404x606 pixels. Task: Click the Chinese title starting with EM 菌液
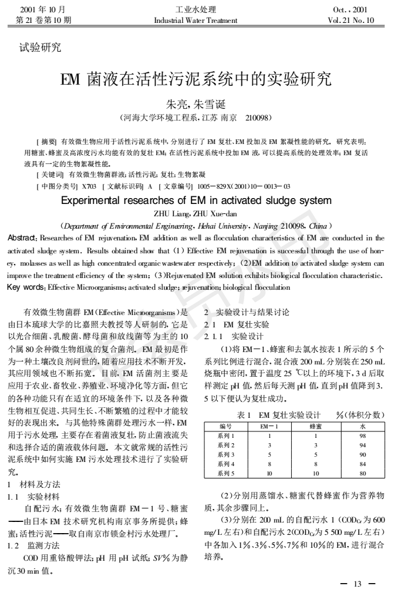tap(201, 79)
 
